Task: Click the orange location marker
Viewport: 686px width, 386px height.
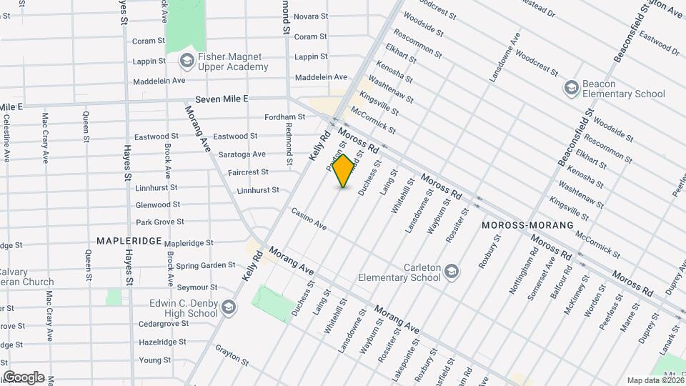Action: [x=344, y=171]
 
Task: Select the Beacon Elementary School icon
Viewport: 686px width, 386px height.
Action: [x=571, y=88]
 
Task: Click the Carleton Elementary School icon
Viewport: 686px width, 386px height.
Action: [x=451, y=272]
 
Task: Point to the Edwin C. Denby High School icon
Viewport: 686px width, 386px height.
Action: [x=228, y=308]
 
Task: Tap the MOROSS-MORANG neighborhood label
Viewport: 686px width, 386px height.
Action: [x=527, y=225]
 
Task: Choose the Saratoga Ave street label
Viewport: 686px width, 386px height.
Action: [x=242, y=154]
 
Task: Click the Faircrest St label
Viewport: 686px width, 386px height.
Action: [x=249, y=172]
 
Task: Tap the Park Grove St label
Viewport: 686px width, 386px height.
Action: [x=160, y=222]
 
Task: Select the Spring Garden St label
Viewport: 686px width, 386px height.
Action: [x=206, y=264]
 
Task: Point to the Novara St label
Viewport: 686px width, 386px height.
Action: [x=311, y=16]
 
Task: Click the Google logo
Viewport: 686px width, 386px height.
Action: [x=24, y=377]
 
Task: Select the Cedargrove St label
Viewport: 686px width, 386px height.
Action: [x=163, y=324]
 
